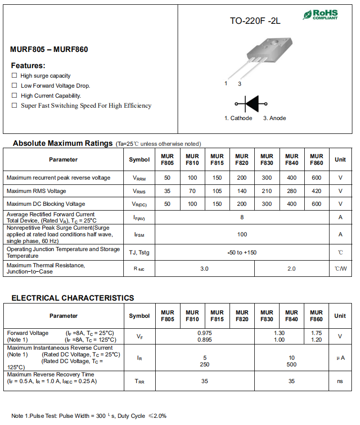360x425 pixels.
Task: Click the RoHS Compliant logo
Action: coord(320,15)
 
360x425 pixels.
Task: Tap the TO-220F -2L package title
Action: coord(255,21)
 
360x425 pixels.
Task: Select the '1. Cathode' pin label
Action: coord(238,118)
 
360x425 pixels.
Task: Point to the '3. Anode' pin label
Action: coord(275,118)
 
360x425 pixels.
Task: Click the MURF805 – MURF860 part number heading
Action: coord(49,50)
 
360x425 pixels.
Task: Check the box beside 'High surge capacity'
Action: coord(14,76)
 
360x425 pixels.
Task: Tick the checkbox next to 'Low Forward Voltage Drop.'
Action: coord(14,86)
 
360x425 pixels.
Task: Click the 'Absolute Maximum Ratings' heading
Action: coord(63,143)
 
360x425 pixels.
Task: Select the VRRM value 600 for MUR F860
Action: coord(316,178)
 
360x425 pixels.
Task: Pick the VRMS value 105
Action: coord(217,191)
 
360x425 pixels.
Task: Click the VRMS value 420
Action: coord(316,191)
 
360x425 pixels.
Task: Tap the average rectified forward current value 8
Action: coord(242,217)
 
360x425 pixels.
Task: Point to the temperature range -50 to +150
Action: coord(242,253)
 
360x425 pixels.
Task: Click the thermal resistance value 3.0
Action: coord(204,269)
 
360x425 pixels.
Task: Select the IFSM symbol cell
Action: coord(139,234)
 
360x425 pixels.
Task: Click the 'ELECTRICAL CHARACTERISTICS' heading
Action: coord(73,298)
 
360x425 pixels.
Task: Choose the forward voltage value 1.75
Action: coord(316,333)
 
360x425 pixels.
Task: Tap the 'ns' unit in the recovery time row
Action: coord(340,381)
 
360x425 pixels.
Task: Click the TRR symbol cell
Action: coord(139,382)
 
